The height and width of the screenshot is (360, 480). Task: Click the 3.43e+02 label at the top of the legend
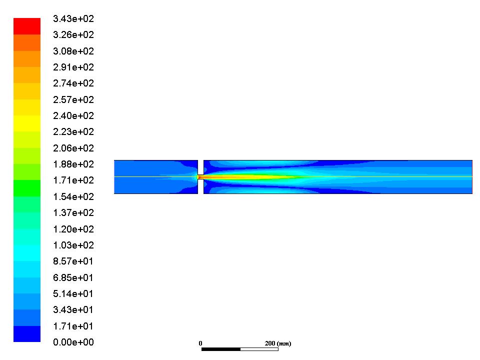click(x=73, y=18)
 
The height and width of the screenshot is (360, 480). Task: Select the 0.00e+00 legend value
click(x=73, y=342)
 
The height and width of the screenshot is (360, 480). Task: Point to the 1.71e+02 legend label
click(x=73, y=180)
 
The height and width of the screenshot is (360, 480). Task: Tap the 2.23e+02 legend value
click(x=73, y=131)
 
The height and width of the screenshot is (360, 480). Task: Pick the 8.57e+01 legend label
click(x=73, y=261)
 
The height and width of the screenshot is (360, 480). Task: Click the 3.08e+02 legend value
click(x=73, y=51)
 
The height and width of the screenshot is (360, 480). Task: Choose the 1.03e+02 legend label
click(x=73, y=245)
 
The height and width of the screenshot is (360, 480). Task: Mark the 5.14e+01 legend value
click(x=73, y=293)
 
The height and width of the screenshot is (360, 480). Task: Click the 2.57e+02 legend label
click(x=73, y=99)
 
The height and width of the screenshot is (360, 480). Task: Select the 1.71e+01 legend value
click(x=73, y=326)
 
